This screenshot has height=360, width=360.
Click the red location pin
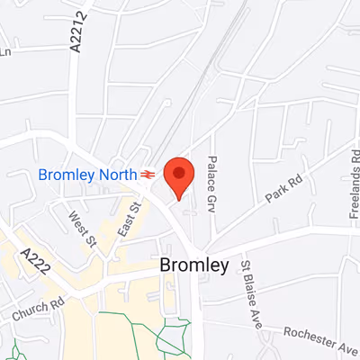tap(179, 176)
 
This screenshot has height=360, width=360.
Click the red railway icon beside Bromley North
tap(147, 174)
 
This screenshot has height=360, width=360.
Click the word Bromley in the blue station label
tap(67, 174)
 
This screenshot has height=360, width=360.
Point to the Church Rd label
tap(33, 310)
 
